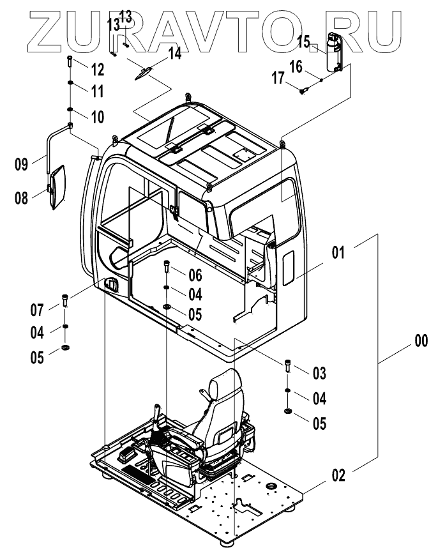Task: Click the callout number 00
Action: pos(421,341)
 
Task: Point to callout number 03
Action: pos(319,371)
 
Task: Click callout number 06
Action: pos(194,275)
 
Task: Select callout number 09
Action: pos(22,164)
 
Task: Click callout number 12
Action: pos(96,69)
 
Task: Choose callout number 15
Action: pos(303,42)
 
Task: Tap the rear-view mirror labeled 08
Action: pos(58,186)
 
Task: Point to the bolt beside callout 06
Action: pos(167,265)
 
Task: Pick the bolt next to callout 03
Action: pos(287,366)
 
